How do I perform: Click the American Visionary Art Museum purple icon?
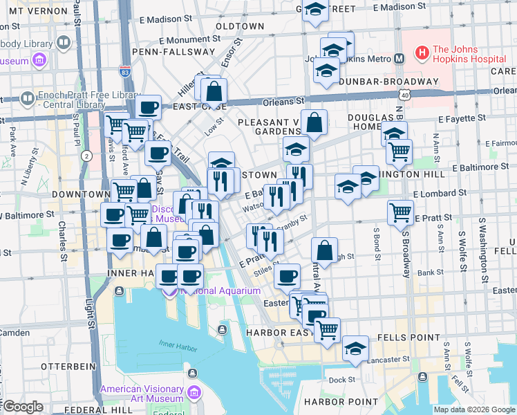(x=194, y=394)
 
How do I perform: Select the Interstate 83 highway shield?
(x=125, y=71)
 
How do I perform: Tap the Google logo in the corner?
(x=22, y=407)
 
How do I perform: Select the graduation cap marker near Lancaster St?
(x=356, y=348)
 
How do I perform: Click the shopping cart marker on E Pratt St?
(x=401, y=212)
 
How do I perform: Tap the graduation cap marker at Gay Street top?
(x=315, y=10)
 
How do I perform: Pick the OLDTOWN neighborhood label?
(x=240, y=26)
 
